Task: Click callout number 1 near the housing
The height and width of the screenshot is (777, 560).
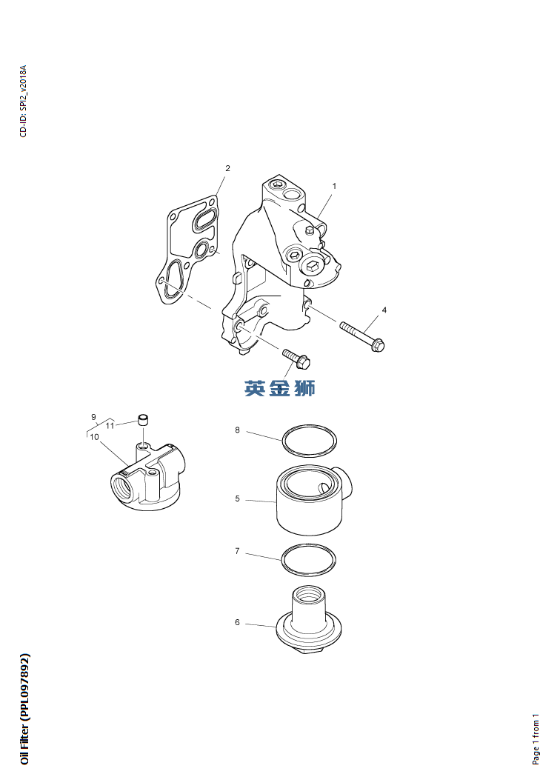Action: point(334,187)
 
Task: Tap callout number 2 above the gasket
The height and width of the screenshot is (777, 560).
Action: point(227,168)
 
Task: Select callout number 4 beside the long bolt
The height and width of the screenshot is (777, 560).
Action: point(384,310)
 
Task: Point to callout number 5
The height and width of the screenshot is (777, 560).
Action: point(237,498)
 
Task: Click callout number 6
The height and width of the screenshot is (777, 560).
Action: point(237,622)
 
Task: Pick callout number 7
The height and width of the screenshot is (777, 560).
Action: point(237,551)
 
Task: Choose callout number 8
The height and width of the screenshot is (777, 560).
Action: point(237,430)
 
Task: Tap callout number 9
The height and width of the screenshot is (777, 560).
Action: point(93,417)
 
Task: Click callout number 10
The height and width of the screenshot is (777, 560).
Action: point(94,437)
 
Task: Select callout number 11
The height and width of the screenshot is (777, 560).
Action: point(110,426)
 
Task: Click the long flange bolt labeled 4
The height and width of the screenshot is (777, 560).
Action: point(362,336)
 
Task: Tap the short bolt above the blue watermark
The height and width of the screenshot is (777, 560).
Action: point(296,359)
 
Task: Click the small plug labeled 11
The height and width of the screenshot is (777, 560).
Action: point(143,421)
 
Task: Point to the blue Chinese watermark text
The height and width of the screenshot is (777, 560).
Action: point(280,388)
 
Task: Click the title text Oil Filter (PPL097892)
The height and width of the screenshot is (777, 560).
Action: point(24,709)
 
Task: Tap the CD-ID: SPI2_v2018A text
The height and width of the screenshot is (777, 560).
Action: point(23,101)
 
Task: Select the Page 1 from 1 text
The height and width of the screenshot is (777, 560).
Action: point(536,739)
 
